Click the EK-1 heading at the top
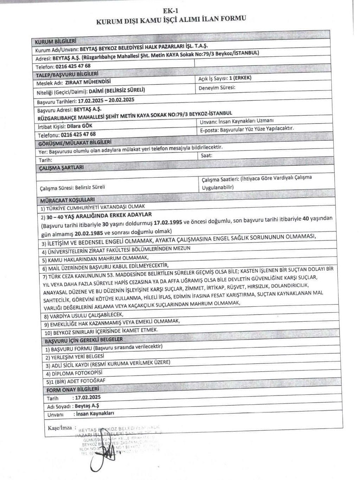pos(173,11)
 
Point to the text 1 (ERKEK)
pos(240,78)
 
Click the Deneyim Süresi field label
pos(217,88)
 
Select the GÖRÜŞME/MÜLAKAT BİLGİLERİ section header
pos(75,143)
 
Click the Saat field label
pos(207,155)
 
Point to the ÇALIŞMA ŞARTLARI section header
pos(62,168)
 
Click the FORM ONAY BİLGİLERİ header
pos(72,390)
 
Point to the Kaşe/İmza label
pos(60,428)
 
